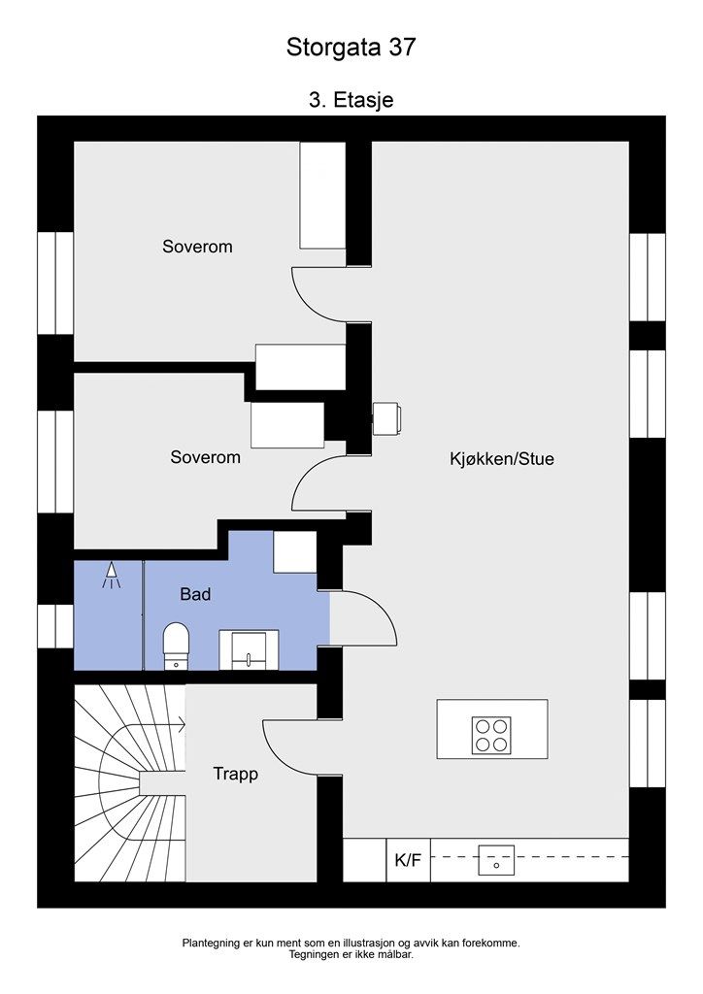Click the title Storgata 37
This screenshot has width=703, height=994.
click(x=351, y=48)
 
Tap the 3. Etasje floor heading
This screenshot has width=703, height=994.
click(x=351, y=100)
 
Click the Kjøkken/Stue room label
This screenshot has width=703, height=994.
click(x=501, y=459)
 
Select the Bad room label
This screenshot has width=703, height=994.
click(x=195, y=594)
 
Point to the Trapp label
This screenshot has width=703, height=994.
click(x=235, y=775)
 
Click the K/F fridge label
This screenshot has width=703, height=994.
click(x=408, y=860)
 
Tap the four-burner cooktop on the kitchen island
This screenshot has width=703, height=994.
click(x=491, y=736)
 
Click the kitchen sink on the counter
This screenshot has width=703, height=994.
click(x=496, y=860)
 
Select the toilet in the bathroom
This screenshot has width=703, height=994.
click(x=176, y=646)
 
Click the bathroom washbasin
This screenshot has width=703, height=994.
click(x=249, y=649)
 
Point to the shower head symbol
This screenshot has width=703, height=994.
click(x=111, y=575)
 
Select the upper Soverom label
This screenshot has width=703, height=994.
click(x=197, y=247)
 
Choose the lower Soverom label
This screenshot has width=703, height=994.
click(x=206, y=457)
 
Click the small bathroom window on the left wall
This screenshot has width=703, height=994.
click(x=55, y=626)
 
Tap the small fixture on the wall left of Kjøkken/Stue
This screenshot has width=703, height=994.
click(x=386, y=418)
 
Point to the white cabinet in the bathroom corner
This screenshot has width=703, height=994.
click(x=295, y=552)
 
